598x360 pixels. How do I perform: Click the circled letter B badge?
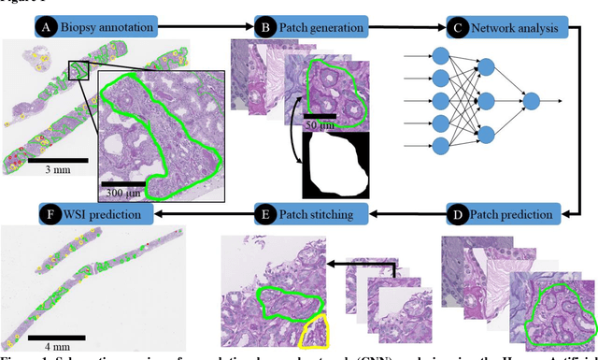pyautogui.click(x=264, y=29)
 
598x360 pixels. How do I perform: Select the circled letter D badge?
pyautogui.click(x=459, y=214)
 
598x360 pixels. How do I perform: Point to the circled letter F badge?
pyautogui.click(x=50, y=214)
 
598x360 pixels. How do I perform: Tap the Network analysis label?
pyautogui.click(x=517, y=29)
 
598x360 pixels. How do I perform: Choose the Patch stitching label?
pyautogui.click(x=320, y=214)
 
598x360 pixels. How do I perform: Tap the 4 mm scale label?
pyautogui.click(x=52, y=342)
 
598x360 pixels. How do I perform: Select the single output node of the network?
pyautogui.click(x=531, y=100)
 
